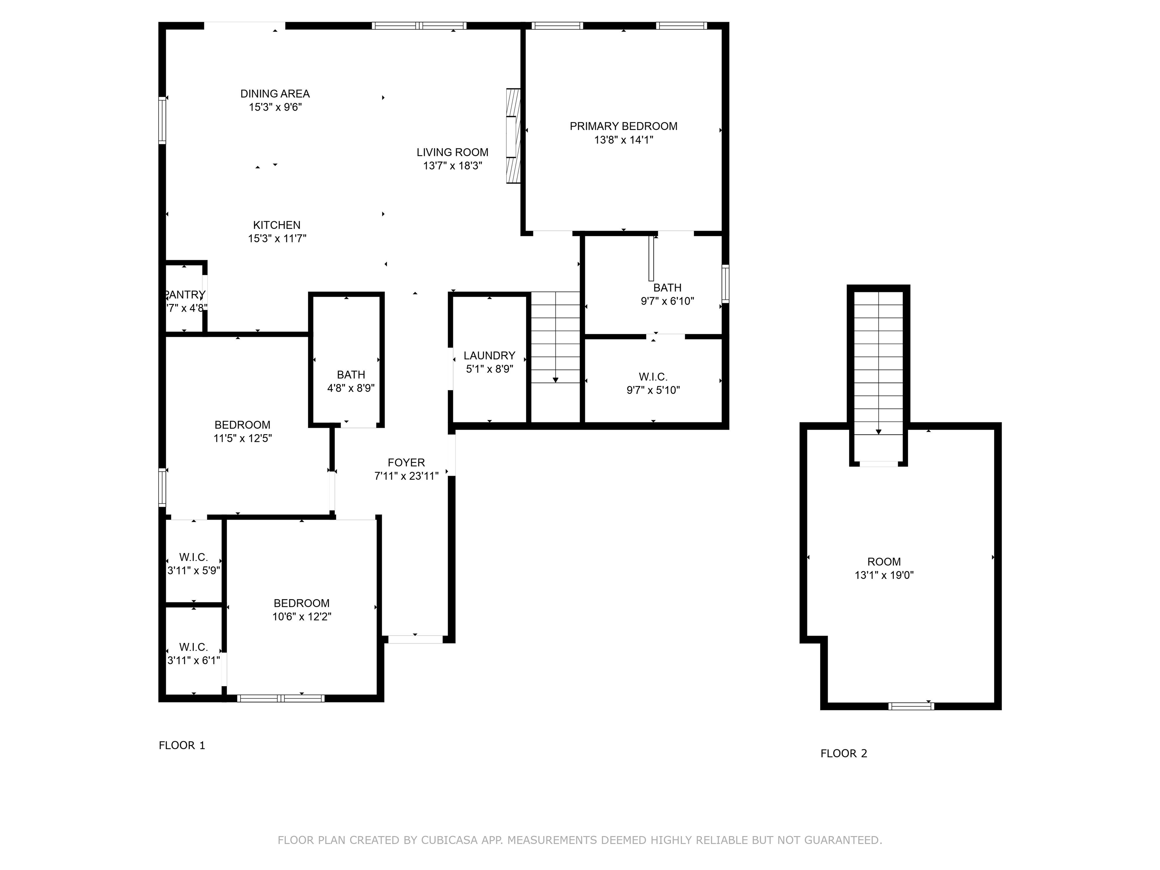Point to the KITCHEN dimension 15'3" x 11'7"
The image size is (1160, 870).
click(x=277, y=239)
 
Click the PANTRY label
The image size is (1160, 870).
click(x=185, y=295)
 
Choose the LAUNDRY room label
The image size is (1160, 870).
click(x=489, y=356)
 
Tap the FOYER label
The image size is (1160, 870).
click(x=406, y=463)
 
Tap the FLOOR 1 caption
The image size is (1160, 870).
click(x=182, y=745)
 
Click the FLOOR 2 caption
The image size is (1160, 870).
click(x=844, y=754)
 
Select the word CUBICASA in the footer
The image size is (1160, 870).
click(x=449, y=841)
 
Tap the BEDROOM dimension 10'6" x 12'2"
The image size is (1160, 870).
click(x=302, y=617)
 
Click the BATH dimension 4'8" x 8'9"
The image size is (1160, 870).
click(x=351, y=388)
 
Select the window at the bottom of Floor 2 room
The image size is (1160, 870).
click(x=912, y=706)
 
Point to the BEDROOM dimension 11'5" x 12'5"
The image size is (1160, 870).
click(x=242, y=438)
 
